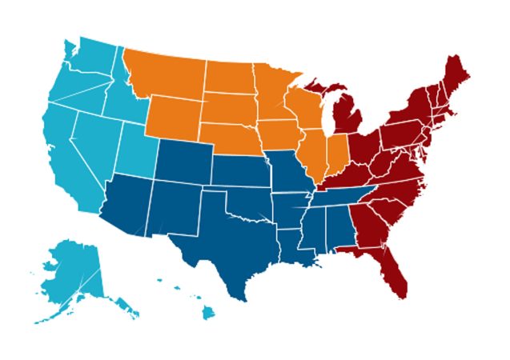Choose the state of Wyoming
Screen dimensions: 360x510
point(172,116)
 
